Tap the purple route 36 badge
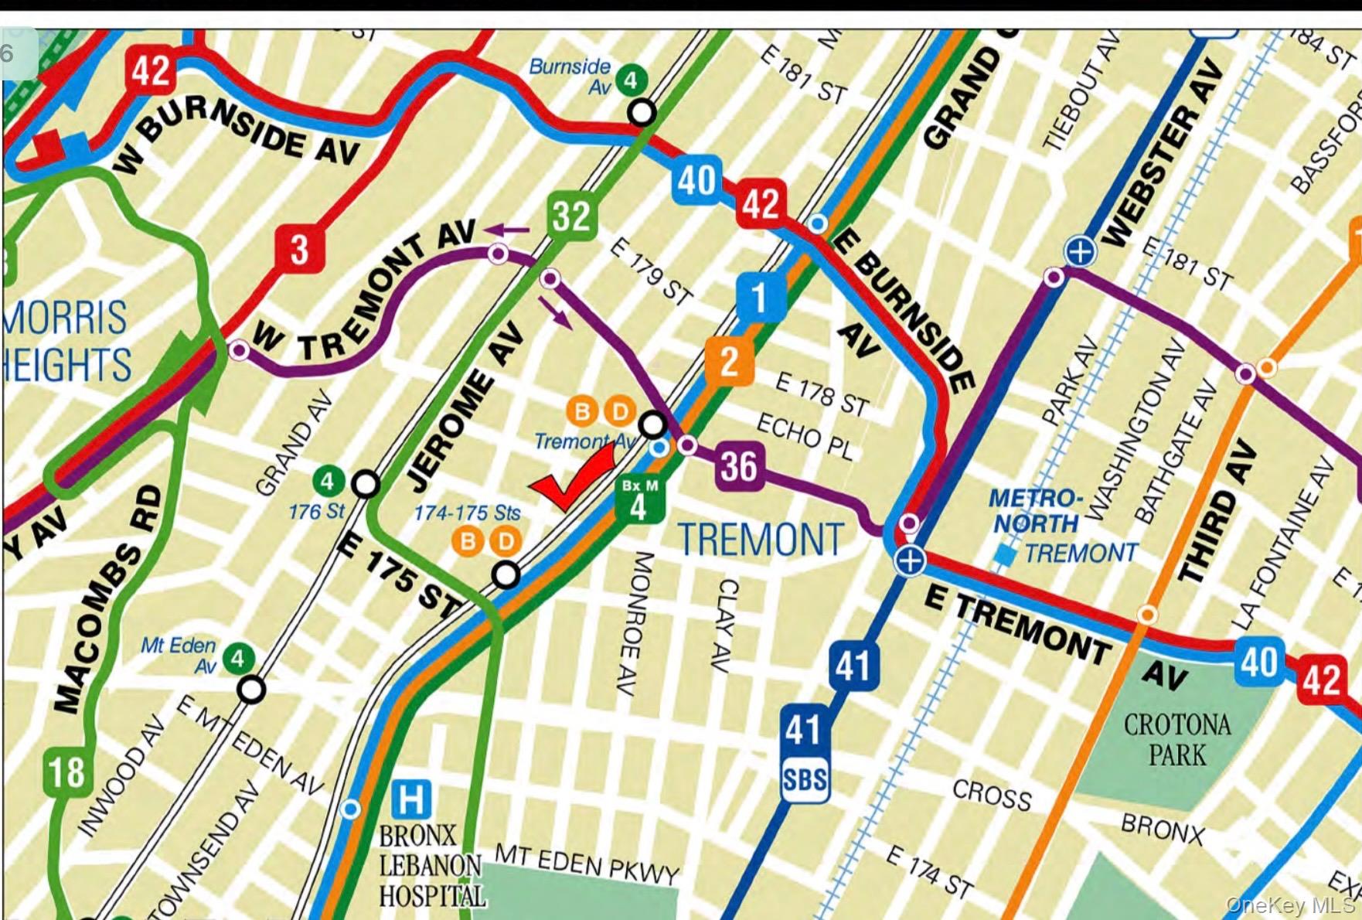point(739,466)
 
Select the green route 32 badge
point(571,216)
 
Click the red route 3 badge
point(299,249)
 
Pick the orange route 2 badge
point(729,361)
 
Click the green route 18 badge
point(67,772)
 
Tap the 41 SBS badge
point(804,753)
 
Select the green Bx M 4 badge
point(639,499)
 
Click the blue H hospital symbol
point(410,799)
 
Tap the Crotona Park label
point(1176,739)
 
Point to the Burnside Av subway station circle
point(641,113)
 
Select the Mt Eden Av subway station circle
point(251,689)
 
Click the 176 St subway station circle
point(366,485)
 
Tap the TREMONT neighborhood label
point(760,540)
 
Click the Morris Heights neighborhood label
point(66,341)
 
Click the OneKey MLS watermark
point(1289,905)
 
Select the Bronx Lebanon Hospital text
point(431,866)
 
